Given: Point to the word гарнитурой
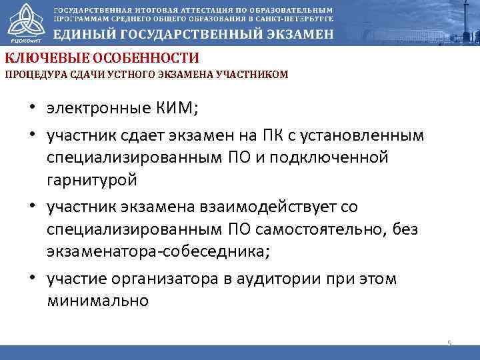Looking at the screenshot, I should click(x=92, y=180).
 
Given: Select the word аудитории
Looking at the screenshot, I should click(x=291, y=279).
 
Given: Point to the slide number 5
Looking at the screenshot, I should click(x=449, y=343).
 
